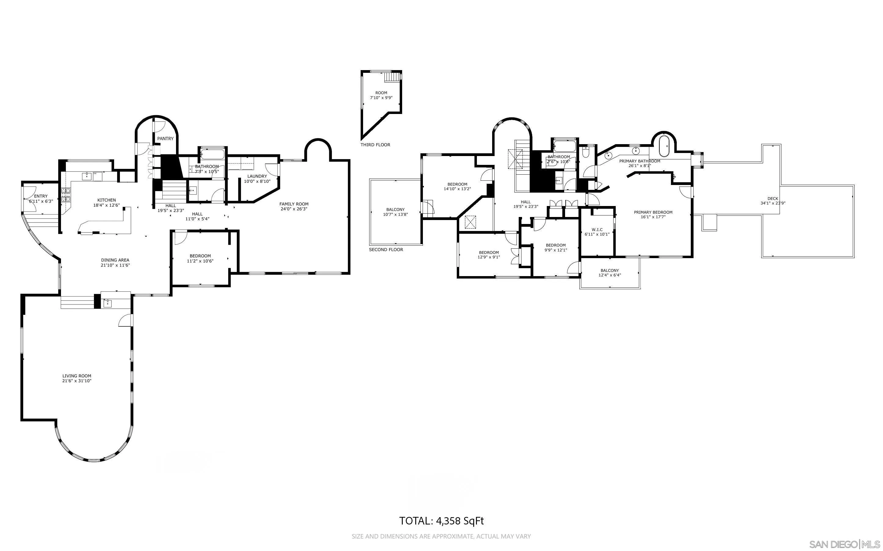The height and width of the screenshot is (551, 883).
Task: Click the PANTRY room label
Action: [x=165, y=138]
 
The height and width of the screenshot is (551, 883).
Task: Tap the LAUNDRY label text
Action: [x=257, y=176]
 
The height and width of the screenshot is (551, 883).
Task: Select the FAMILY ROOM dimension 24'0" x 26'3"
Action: [x=294, y=209]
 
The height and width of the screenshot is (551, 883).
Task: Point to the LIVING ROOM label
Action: [x=77, y=376]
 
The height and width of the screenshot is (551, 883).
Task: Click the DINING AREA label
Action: [x=115, y=260]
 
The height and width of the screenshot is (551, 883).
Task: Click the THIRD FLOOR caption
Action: [x=375, y=145]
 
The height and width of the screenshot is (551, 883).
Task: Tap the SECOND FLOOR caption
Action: [x=386, y=250]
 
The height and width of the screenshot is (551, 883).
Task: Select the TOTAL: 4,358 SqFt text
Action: [x=441, y=521]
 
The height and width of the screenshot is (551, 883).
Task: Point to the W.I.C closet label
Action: [x=597, y=229]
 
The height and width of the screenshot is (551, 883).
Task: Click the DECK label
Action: [x=773, y=199]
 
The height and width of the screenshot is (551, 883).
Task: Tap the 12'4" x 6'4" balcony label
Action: [x=609, y=275]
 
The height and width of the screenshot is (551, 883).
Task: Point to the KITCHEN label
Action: [x=106, y=200]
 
